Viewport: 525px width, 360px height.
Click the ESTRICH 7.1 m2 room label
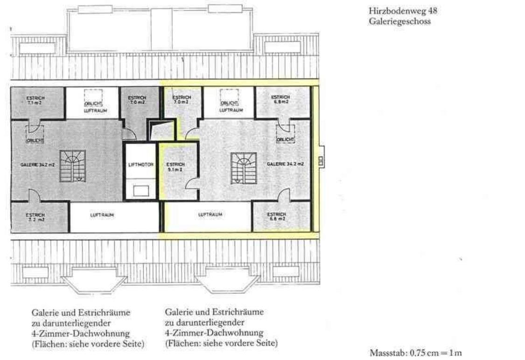(x=35, y=101)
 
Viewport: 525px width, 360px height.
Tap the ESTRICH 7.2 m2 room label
(x=35, y=216)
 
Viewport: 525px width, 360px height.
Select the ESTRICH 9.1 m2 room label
(x=175, y=167)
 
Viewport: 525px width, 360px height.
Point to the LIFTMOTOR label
(x=140, y=164)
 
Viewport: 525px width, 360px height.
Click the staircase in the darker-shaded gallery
(x=72, y=166)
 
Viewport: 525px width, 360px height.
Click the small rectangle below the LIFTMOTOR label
(x=141, y=190)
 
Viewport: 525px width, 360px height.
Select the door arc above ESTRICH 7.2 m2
(x=34, y=195)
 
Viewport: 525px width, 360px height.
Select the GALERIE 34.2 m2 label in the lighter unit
(x=286, y=164)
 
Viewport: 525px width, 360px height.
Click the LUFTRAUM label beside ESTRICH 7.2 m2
(x=102, y=215)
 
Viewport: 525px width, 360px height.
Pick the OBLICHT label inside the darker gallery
(x=35, y=140)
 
